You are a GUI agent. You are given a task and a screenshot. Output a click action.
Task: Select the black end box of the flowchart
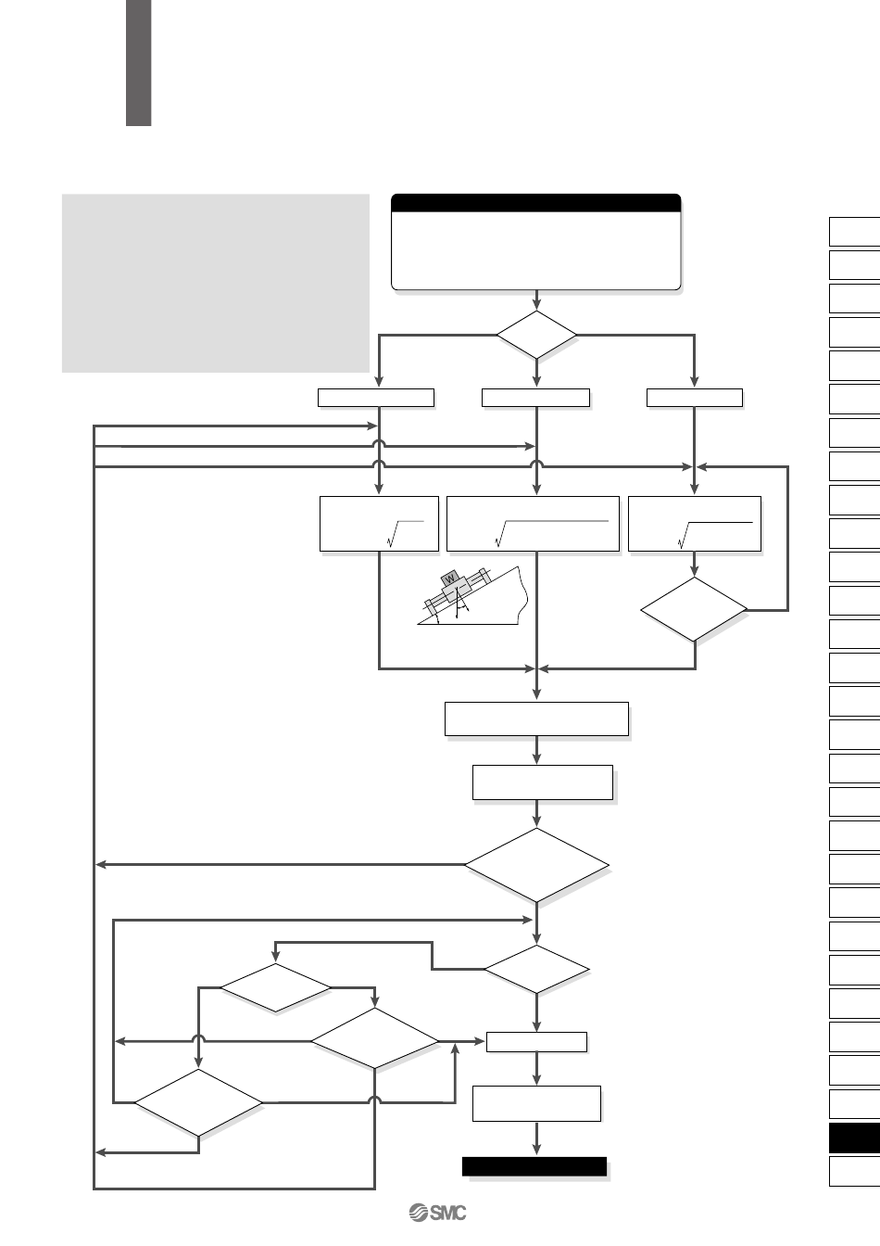534,1166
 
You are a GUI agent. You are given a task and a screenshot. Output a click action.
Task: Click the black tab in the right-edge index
854,1138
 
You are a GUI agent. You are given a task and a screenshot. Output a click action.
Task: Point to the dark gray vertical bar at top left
138,62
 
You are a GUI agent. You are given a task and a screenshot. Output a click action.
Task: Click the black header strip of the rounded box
536,203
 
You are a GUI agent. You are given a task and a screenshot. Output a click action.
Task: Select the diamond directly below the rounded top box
536,335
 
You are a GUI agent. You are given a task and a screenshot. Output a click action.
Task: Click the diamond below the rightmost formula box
694,609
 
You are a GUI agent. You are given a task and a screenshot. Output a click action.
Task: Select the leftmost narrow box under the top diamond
375,398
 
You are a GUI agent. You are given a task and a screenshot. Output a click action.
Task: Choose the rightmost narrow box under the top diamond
694,398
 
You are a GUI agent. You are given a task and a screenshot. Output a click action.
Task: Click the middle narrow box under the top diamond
535,398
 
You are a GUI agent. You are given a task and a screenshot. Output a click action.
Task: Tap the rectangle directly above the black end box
536,1103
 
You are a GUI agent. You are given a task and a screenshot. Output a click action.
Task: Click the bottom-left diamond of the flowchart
198,1102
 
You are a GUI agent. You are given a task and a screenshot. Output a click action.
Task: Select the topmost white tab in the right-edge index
854,231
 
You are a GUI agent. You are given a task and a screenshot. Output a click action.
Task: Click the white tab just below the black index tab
854,1171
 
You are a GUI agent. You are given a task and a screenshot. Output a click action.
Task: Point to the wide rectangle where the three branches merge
536,718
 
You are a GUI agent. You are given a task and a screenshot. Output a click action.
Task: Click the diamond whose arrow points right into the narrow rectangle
374,1041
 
